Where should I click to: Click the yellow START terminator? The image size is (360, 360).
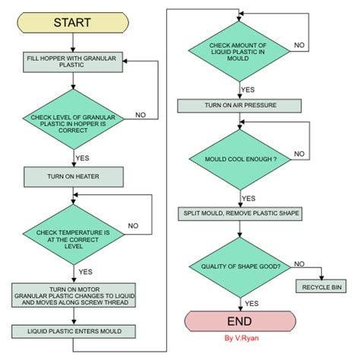72,22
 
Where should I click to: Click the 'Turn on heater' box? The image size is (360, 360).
74,177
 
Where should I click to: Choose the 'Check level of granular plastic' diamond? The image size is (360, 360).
74,119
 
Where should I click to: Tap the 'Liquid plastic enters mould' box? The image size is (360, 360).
74,331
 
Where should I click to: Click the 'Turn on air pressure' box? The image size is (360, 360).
239,105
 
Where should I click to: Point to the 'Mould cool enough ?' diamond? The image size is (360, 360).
239,159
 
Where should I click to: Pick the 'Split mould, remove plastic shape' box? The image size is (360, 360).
239,214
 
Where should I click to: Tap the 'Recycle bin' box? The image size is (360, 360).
322,289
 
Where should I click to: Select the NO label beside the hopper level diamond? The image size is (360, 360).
141,115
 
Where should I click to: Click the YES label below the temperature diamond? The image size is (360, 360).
85,271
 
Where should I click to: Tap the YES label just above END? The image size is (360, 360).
252,302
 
